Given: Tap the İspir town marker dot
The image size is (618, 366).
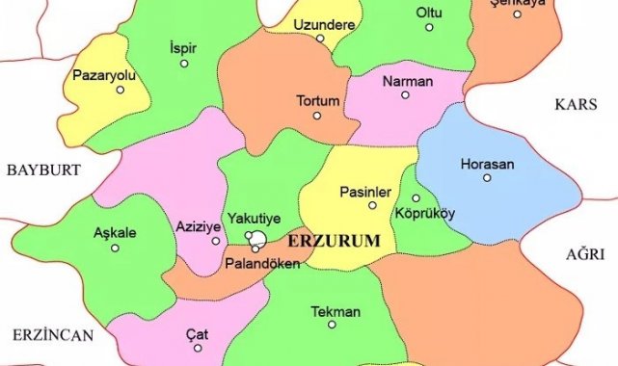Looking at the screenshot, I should [183, 64].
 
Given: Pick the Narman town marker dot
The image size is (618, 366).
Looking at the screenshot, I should [407, 96].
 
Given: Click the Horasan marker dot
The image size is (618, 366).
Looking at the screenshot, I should [487, 178].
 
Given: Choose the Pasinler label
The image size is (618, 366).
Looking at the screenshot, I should [364, 192].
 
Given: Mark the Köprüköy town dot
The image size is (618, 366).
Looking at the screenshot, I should [416, 197].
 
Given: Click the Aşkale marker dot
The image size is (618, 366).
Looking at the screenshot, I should [116, 248].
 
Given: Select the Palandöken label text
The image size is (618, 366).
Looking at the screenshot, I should [260, 263].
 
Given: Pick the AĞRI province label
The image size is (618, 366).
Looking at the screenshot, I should [586, 252].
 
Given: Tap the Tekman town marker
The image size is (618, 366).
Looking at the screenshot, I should [333, 325].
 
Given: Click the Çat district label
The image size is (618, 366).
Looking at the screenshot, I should [197, 333].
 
